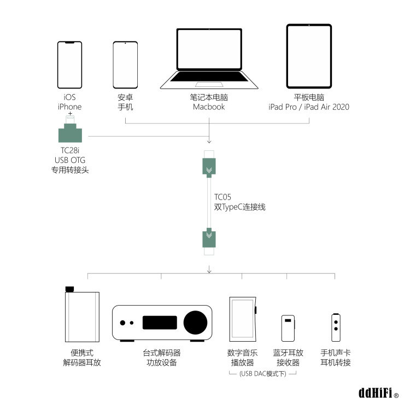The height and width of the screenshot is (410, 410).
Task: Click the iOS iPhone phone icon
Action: pos(70,65)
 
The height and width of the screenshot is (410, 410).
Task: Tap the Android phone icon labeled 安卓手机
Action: pos(125,65)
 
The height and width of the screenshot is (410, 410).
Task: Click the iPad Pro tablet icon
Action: pos(309,56)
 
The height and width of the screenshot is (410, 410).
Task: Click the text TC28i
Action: pos(70,150)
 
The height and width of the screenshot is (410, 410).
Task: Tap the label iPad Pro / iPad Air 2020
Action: pos(309,107)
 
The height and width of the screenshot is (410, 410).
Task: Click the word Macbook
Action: pos(209,107)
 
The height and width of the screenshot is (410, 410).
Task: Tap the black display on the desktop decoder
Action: pos(160,323)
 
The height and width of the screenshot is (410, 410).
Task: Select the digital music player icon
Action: pos(242,319)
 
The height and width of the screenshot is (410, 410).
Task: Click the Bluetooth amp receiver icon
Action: pos(288,328)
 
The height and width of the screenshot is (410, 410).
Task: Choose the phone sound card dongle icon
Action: pos(336,327)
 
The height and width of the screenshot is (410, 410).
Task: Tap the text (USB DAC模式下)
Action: pos(262,374)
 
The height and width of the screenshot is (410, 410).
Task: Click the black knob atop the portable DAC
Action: pos(69,289)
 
